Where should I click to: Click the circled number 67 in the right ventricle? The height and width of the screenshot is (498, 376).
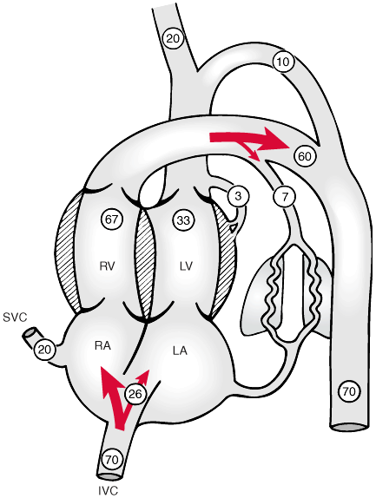click(111, 220)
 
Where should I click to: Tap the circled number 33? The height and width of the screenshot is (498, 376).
click(183, 220)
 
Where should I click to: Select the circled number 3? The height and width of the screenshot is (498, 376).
click(238, 196)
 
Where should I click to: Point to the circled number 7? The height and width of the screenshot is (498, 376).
click(285, 197)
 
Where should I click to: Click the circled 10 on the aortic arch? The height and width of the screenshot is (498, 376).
click(283, 62)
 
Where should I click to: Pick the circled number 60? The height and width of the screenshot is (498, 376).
click(304, 156)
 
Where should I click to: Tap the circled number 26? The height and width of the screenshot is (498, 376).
click(135, 394)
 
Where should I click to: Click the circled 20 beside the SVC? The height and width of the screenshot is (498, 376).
click(44, 350)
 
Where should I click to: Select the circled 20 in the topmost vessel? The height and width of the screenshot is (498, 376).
click(173, 38)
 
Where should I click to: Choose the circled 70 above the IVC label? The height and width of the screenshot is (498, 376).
click(111, 459)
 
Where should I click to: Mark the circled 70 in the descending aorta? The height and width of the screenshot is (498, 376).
click(350, 391)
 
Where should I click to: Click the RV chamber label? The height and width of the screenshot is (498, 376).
click(107, 266)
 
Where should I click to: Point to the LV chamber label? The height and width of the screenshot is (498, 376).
click(186, 266)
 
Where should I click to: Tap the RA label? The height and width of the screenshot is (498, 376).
click(102, 345)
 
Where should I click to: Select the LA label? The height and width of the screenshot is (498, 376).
click(180, 351)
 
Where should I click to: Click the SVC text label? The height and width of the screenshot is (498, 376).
click(15, 318)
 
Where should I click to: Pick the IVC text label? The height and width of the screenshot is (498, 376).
click(108, 491)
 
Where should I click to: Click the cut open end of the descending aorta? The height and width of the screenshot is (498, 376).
click(349, 427)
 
